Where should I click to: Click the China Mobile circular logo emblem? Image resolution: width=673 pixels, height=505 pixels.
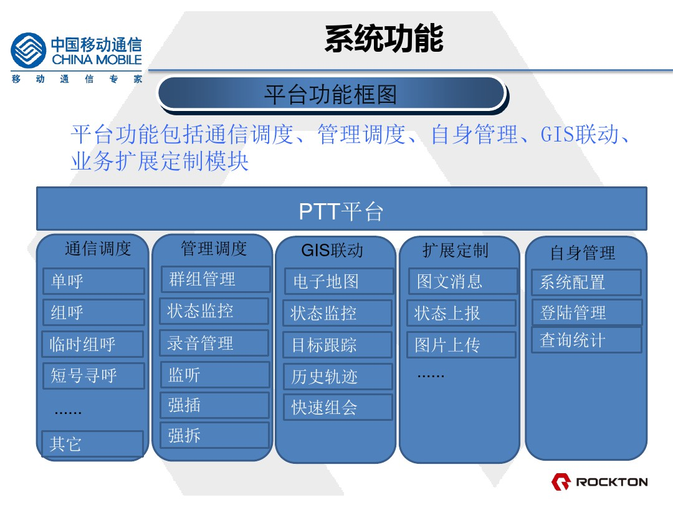28,50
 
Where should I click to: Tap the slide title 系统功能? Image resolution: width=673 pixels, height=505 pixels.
384,39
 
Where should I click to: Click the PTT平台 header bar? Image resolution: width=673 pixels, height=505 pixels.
341,209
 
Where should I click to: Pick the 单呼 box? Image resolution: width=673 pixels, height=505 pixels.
93,281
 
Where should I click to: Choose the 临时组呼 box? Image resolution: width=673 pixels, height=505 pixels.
93,344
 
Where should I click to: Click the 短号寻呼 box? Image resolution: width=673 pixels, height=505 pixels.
93,376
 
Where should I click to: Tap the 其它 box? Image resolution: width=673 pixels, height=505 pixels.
92,444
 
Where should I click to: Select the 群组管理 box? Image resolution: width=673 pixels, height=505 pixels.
216,279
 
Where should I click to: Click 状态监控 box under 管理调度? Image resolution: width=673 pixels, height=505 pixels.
214,311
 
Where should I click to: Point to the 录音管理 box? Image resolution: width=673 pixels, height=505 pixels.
214,343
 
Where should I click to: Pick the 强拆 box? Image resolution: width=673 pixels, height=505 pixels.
214,435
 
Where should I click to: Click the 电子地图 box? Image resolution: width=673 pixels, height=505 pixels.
339,281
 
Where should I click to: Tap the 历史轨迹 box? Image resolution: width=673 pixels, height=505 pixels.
338,377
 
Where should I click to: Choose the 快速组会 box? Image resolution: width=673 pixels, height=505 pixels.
338,407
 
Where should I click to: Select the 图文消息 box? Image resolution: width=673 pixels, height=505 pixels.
463,281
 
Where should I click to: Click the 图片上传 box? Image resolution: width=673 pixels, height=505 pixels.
461,345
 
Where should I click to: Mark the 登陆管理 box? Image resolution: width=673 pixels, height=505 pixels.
587,312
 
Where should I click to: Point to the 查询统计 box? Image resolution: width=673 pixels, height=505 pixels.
587,340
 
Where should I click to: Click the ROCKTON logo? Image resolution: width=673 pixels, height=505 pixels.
599,482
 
